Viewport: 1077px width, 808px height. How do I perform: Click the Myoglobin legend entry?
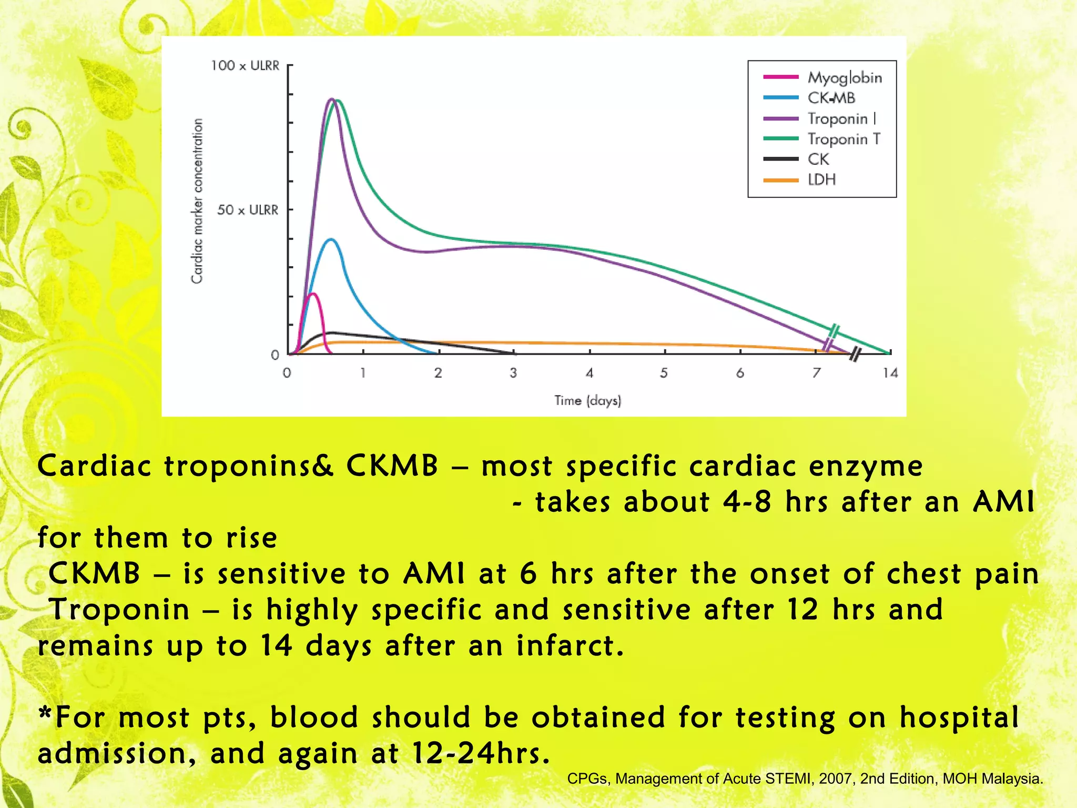click(844, 78)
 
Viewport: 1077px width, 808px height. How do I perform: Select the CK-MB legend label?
click(831, 98)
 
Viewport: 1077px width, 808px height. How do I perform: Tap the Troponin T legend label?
click(844, 139)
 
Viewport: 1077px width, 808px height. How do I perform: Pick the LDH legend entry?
click(821, 180)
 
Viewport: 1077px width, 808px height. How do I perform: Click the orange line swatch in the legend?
click(780, 180)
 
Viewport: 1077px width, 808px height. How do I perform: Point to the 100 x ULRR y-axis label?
click(245, 66)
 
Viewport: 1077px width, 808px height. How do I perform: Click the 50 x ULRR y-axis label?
click(247, 210)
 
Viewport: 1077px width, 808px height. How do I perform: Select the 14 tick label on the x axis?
click(890, 373)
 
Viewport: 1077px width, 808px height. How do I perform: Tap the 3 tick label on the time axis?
click(513, 373)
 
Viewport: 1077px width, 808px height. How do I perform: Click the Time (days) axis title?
click(587, 401)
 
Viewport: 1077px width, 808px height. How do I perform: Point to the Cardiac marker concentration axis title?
click(197, 201)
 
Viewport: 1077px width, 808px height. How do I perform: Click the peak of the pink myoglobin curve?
click(313, 294)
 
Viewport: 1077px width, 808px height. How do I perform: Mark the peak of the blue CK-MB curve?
click(330, 239)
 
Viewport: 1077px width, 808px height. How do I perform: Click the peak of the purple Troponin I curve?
click(331, 99)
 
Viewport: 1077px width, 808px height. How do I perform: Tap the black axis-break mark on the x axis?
click(856, 354)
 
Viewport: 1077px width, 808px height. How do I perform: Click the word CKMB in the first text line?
click(392, 466)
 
